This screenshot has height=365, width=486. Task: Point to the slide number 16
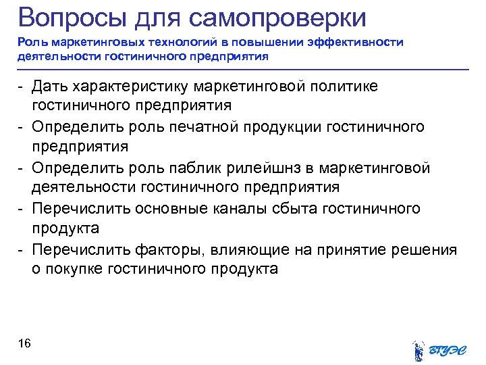click(x=24, y=345)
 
